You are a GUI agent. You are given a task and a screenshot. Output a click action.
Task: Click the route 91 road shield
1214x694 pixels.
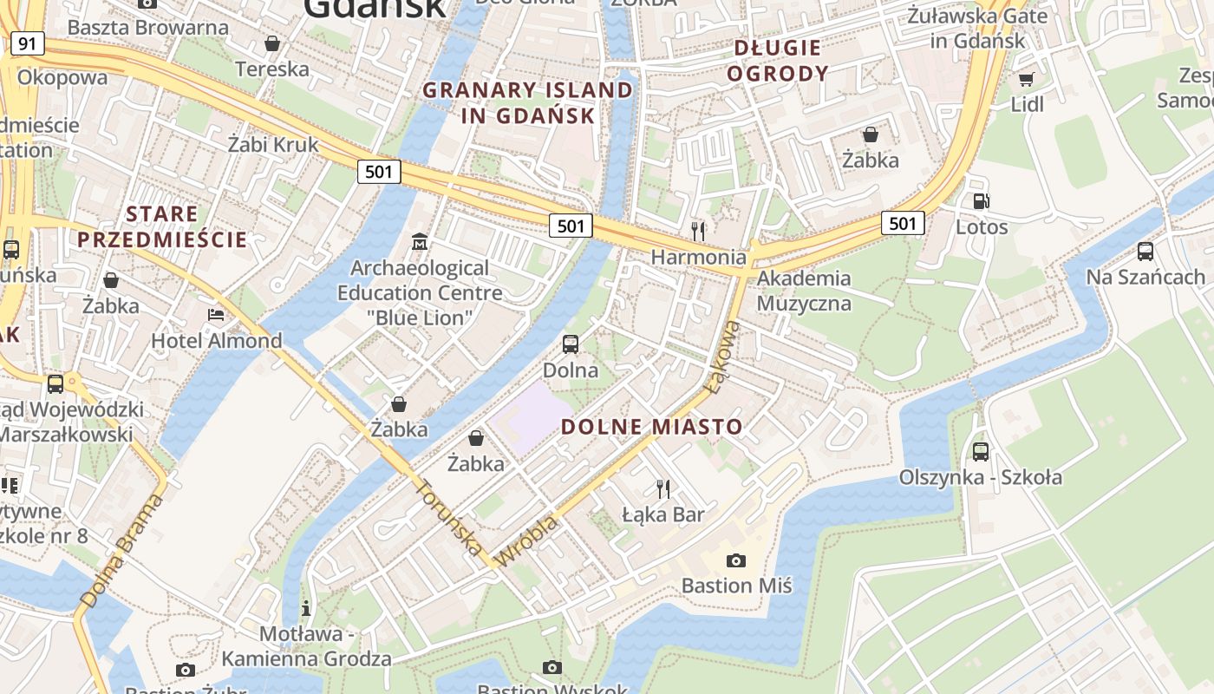[28, 43]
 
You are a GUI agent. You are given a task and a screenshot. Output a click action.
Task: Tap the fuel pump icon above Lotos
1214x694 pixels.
[981, 201]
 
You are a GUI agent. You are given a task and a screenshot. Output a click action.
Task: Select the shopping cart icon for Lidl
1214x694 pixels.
[1027, 79]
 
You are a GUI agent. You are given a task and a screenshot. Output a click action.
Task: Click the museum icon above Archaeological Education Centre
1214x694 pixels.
[420, 240]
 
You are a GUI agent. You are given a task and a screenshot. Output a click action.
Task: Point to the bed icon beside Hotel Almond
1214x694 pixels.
[216, 314]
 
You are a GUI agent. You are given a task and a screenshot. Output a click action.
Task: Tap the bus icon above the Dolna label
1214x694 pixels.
[570, 344]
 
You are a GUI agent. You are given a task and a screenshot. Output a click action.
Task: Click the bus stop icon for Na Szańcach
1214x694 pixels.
[1145, 251]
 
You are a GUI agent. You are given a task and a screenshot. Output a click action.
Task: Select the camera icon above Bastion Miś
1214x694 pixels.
[735, 560]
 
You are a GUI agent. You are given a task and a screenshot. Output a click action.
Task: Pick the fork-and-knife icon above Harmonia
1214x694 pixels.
[697, 231]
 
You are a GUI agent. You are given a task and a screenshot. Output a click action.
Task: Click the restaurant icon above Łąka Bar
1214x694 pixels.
[663, 488]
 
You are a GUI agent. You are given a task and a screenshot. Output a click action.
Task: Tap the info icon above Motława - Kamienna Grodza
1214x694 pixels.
[305, 607]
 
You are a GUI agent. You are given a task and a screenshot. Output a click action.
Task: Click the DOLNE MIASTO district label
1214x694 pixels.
[651, 427]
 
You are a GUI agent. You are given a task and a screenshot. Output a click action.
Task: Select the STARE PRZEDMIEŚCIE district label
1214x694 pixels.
[162, 226]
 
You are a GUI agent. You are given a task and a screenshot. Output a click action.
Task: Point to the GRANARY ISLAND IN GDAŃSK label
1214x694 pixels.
[528, 102]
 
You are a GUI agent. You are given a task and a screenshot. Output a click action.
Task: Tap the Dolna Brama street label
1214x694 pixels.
[121, 552]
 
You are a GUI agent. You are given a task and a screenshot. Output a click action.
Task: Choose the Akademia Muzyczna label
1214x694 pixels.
[804, 291]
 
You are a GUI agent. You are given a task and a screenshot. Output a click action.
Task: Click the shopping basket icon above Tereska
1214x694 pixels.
[272, 43]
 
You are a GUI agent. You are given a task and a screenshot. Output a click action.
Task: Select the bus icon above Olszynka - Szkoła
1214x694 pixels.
[980, 451]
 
